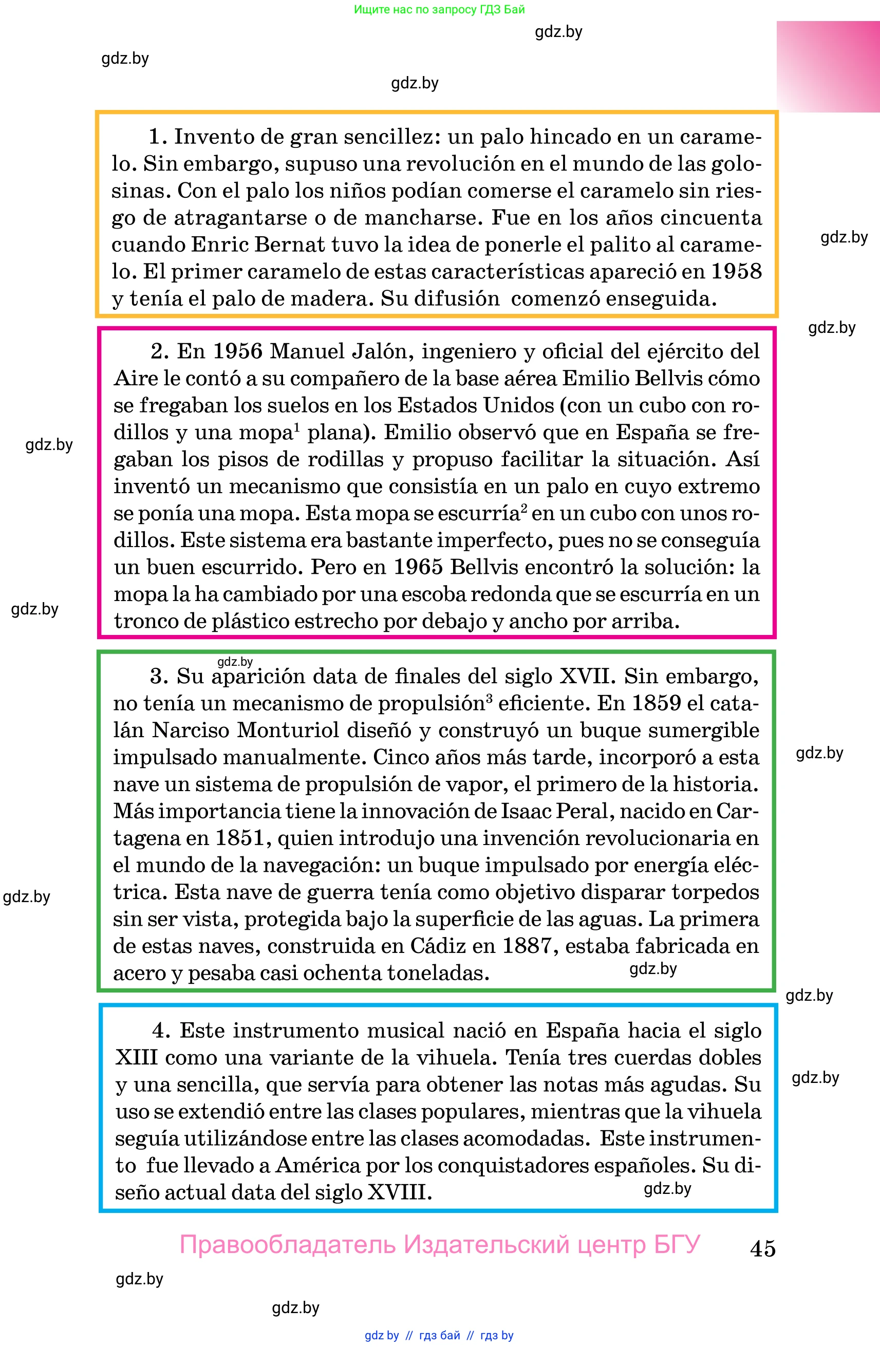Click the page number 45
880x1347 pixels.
pos(762,1248)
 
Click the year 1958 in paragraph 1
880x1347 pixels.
pos(736,271)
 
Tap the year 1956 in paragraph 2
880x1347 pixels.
pos(238,351)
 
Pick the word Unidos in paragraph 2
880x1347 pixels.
pos(519,405)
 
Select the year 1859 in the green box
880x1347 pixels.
pos(656,703)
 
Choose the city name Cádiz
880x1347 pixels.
pos(443,946)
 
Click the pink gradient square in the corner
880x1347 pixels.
pos(828,67)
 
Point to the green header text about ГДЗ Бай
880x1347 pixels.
pos(439,10)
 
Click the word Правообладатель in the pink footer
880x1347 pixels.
pos(288,1245)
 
